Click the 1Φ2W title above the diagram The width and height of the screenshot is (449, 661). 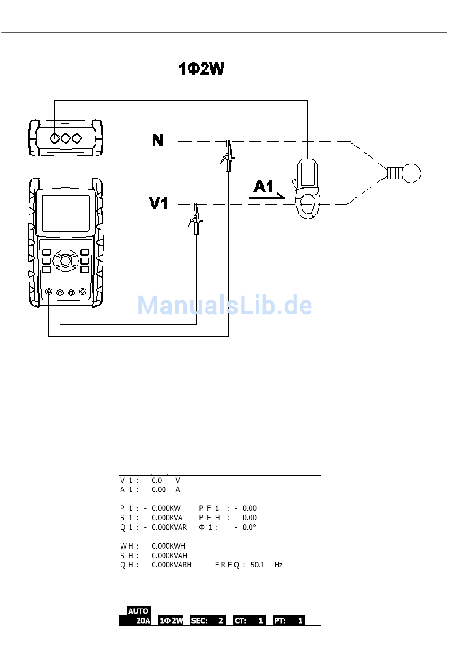click(x=201, y=69)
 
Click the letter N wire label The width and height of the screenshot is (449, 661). click(x=158, y=140)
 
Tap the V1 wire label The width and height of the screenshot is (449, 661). click(x=158, y=203)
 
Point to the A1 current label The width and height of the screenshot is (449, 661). click(x=263, y=187)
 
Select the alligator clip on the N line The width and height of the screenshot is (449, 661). click(x=228, y=155)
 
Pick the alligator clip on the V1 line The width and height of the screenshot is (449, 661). click(x=195, y=219)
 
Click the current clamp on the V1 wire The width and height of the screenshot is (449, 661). click(x=307, y=189)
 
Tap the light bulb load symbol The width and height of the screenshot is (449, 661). click(x=404, y=173)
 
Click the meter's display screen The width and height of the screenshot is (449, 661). click(x=66, y=213)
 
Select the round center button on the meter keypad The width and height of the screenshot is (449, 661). click(x=66, y=260)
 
